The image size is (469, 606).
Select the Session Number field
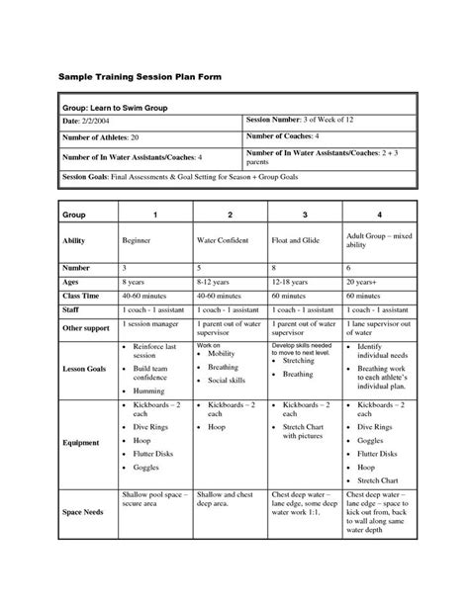(292, 120)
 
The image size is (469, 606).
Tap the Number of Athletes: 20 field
(98, 138)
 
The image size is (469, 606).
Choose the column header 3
(305, 215)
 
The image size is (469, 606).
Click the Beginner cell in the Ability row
(137, 240)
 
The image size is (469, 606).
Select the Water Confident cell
(227, 240)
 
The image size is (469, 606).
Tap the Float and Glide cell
(300, 240)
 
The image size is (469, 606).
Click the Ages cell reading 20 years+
(366, 281)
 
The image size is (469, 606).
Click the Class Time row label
(81, 294)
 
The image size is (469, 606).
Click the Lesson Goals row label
(83, 367)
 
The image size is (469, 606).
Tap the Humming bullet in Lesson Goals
(149, 391)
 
